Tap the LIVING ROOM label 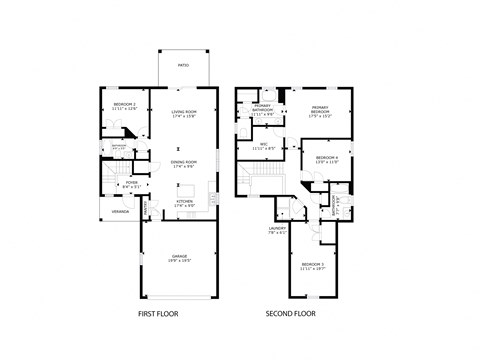(x=183, y=112)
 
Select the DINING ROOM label (x=183, y=161)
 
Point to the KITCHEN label (x=184, y=201)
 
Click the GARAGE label (x=180, y=256)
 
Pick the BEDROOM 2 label (x=125, y=104)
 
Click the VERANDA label (x=120, y=211)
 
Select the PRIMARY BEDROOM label (x=320, y=107)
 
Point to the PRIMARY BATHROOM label (x=263, y=108)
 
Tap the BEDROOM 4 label (x=327, y=157)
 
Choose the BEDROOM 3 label (x=312, y=263)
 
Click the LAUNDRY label (x=277, y=229)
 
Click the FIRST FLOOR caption (x=160, y=314)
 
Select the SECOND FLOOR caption (x=291, y=314)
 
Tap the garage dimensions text (x=180, y=261)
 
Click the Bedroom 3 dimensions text (x=312, y=268)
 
